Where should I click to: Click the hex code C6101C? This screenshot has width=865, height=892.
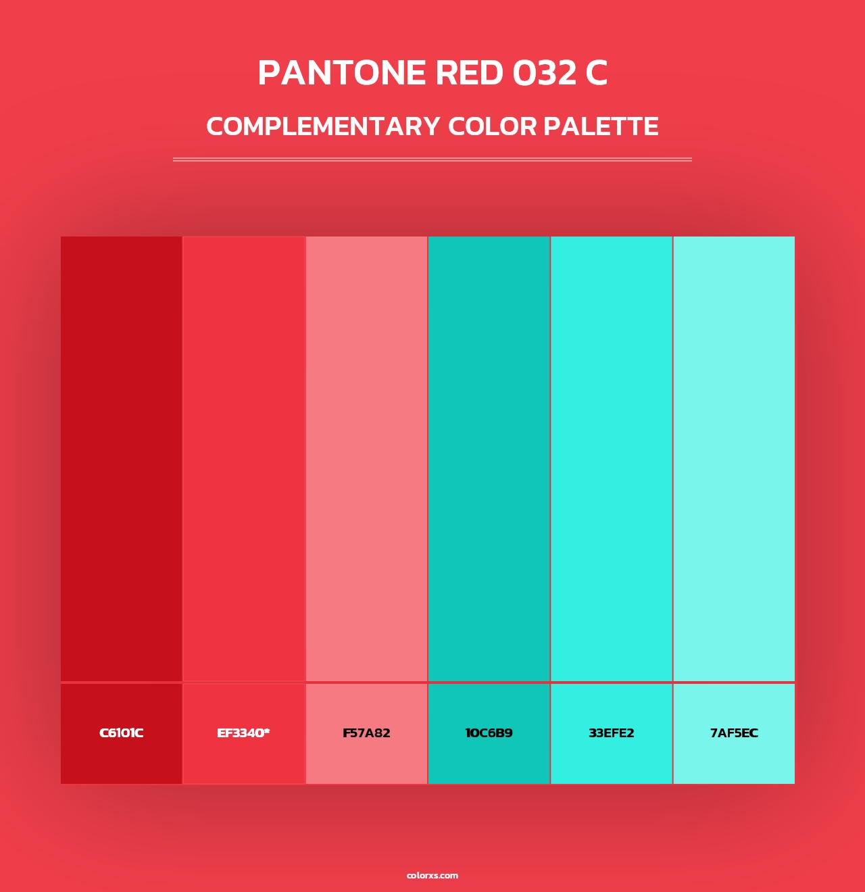pos(122,733)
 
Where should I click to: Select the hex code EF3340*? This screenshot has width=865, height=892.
pos(243,733)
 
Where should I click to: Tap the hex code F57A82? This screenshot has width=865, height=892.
pos(366,733)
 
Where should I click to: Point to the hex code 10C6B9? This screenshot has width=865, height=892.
pos(489,733)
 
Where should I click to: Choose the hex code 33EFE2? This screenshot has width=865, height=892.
pos(611,733)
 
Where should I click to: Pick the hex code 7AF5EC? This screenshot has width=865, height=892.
pos(734,733)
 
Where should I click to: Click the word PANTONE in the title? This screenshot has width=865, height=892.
pos(342,73)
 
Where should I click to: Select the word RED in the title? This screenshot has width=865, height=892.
pos(470,73)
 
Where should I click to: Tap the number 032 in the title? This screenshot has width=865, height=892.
pos(544,73)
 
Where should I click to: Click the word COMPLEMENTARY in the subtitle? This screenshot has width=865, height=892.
pos(323,126)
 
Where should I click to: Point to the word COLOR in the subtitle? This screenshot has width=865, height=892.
pos(493,126)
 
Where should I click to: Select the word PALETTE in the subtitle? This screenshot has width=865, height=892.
pos(601,126)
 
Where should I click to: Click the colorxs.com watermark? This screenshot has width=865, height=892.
pos(432,876)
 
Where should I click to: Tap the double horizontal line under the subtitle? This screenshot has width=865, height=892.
pos(432,159)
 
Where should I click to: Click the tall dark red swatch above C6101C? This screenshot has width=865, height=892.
pos(122,459)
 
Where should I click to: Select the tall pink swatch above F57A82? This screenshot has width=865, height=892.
pos(366,459)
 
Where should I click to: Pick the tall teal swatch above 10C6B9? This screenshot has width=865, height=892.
pos(489,459)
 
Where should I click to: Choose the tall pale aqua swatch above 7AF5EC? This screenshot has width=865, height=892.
pos(734,459)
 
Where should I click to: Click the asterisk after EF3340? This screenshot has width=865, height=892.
pos(267,731)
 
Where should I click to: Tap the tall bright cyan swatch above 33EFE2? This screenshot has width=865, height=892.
pos(611,459)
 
